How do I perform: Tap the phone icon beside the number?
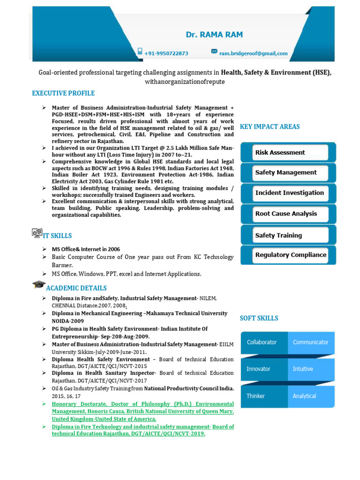[x=140, y=52]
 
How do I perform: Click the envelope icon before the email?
[x=214, y=52]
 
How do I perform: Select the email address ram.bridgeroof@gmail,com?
[x=253, y=53]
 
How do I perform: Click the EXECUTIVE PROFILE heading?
[x=63, y=93]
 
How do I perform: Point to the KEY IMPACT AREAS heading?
[x=270, y=127]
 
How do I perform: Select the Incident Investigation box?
[x=288, y=193]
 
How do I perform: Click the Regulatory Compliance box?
[x=288, y=255]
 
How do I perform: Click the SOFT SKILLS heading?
[x=259, y=318]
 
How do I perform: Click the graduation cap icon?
[x=38, y=285]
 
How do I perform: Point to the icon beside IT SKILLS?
[x=37, y=233]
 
